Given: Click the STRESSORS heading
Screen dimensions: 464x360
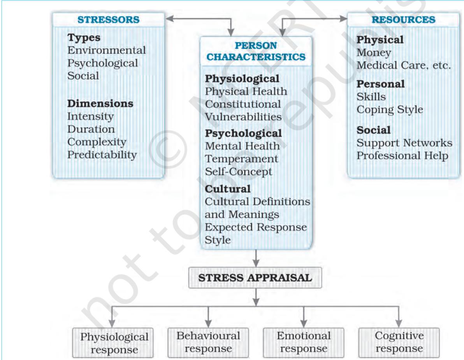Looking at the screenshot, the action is [x=108, y=19].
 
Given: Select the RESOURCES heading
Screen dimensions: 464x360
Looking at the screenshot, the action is [x=403, y=19].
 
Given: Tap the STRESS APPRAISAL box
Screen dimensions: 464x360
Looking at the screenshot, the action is [x=255, y=278].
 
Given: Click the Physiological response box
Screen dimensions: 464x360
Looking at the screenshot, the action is [x=113, y=343].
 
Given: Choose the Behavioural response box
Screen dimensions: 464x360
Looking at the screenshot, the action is [x=208, y=342].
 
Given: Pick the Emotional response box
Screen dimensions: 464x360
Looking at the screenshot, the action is [x=304, y=342].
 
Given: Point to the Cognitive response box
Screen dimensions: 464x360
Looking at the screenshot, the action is [x=399, y=342].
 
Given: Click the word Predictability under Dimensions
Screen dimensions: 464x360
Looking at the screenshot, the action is [x=102, y=155].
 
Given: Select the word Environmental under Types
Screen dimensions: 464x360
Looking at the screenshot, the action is [x=107, y=50].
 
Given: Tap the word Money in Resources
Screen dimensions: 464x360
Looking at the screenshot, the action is [x=374, y=53].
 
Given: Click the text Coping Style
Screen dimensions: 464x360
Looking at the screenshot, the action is [x=390, y=110].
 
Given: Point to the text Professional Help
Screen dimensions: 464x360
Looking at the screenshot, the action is [x=402, y=156].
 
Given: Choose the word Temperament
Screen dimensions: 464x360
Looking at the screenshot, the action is [x=241, y=159].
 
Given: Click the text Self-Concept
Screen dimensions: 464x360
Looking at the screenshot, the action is [x=239, y=172].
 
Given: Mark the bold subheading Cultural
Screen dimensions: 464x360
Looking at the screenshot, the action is [x=228, y=189].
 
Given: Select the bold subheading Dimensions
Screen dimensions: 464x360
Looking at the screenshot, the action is [x=100, y=104].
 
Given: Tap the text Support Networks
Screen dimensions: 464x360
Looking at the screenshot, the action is [x=404, y=143].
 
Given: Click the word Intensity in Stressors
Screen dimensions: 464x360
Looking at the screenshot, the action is [x=90, y=116].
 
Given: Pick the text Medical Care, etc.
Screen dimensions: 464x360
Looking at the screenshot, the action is [x=404, y=65].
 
